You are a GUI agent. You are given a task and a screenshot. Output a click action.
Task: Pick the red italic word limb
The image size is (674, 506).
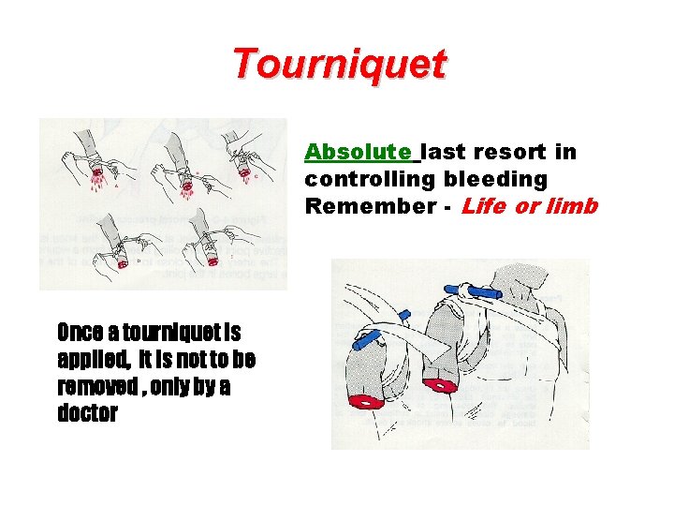pos(574,205)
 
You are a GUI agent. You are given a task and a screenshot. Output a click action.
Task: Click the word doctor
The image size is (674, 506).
pos(87,413)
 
